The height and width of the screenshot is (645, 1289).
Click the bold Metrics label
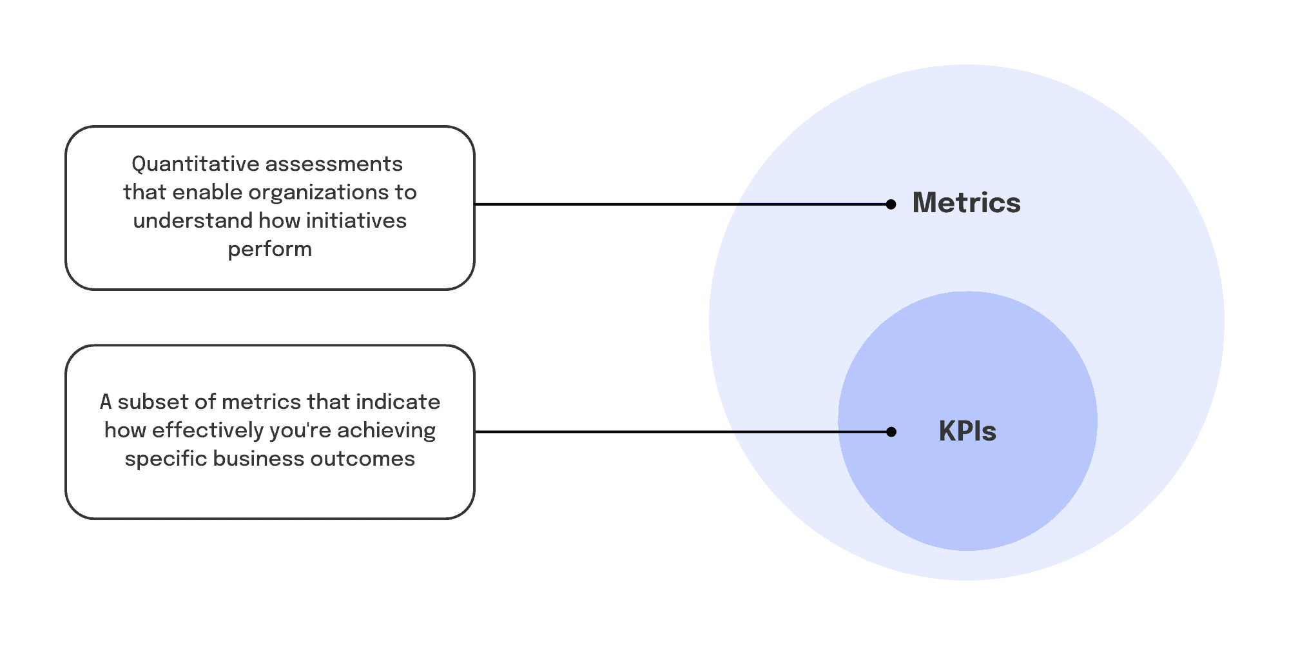pos(966,203)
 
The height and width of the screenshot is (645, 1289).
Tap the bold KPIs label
pos(967,431)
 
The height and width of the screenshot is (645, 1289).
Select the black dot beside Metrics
pos(891,204)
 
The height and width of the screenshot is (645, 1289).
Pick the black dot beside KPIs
pos(891,432)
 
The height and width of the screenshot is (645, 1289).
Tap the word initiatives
pos(356,221)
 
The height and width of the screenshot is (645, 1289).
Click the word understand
pos(193,221)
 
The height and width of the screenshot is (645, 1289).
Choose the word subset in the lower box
pos(153,402)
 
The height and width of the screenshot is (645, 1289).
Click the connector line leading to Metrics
pos(683,204)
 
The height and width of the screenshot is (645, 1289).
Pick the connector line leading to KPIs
pos(683,432)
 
